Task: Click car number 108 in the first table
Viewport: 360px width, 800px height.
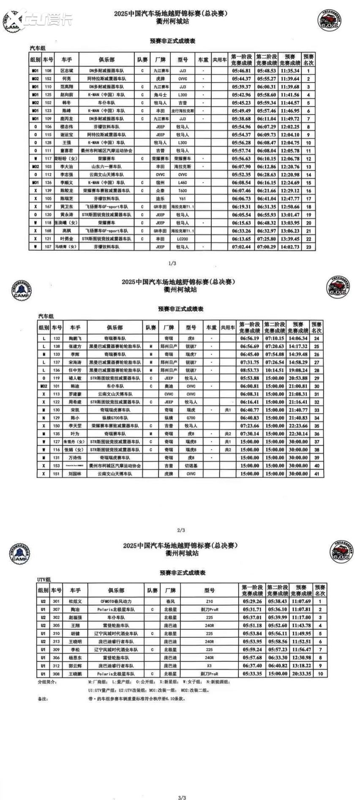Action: tap(48, 71)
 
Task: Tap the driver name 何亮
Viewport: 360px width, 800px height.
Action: tap(67, 79)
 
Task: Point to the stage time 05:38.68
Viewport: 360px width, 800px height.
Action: tap(241, 119)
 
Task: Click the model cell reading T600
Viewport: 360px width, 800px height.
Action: tap(183, 191)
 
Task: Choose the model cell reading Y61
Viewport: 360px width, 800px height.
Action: tap(183, 199)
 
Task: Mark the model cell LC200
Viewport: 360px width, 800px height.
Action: tap(183, 239)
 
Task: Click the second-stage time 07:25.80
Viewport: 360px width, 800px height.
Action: tap(266, 239)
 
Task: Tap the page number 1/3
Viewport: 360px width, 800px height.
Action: tap(172, 263)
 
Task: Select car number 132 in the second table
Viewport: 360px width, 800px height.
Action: tap(57, 339)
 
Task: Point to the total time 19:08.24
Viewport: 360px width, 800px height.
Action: tap(298, 370)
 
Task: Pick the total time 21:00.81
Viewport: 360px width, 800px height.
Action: tap(298, 386)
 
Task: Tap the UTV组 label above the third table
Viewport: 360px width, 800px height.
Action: tap(44, 579)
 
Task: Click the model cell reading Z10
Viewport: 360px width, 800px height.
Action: tap(209, 601)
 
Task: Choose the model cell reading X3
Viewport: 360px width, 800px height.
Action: tap(209, 666)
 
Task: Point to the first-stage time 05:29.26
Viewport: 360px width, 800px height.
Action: tap(252, 601)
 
